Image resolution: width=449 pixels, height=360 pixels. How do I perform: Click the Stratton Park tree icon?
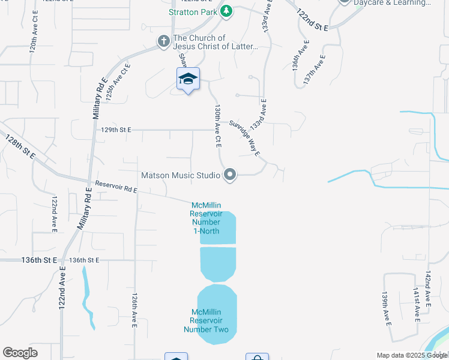[x=226, y=11]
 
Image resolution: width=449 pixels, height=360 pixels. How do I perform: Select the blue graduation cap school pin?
[x=188, y=79]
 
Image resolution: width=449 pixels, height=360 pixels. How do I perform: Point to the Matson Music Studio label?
[x=181, y=176]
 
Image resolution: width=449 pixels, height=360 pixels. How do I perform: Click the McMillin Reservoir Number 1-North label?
[x=206, y=218]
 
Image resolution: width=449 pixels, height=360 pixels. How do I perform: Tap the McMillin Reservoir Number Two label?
[x=206, y=320]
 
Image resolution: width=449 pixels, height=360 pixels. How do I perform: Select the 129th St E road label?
[x=115, y=129]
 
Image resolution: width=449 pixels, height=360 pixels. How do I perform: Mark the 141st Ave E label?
[x=415, y=304]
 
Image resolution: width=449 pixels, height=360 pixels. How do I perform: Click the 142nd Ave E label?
[x=428, y=289]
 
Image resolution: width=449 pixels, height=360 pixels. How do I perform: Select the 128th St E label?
[x=20, y=147]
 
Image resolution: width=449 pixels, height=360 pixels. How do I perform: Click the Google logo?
[x=20, y=353]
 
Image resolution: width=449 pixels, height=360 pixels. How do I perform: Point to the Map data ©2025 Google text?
[x=412, y=355]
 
